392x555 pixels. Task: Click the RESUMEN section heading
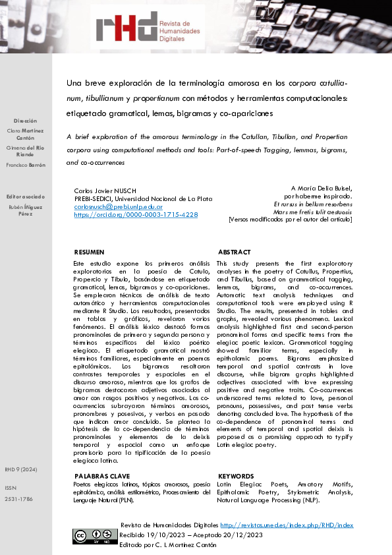point(89,252)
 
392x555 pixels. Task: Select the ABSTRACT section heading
point(234,252)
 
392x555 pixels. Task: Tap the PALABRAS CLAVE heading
point(102,476)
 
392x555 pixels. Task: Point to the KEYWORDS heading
point(235,476)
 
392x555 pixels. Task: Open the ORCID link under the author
point(136,214)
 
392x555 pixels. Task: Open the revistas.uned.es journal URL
point(287,525)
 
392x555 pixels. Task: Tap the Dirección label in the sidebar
point(26,121)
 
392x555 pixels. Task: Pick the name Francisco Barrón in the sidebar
point(26,165)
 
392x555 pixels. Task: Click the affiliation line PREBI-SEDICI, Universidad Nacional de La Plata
point(143,198)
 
